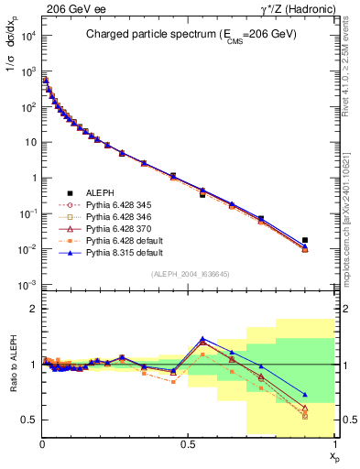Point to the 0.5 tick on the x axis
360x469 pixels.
(x=189, y=445)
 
